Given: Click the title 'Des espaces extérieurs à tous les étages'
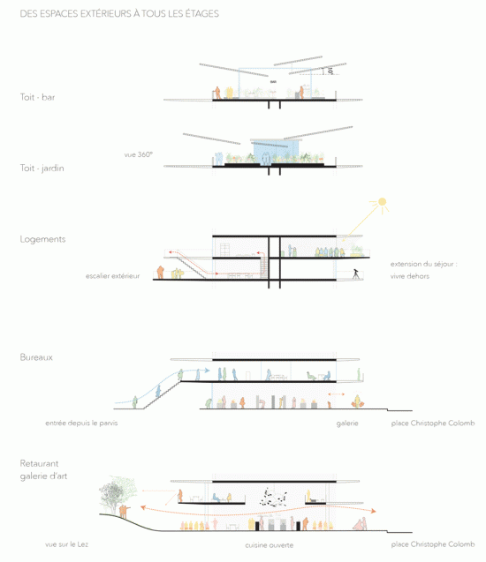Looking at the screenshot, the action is pyautogui.click(x=119, y=13).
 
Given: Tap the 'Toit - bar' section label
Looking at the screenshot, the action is pyautogui.click(x=37, y=97).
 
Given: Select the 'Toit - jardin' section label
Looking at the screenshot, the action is pyautogui.click(x=42, y=169).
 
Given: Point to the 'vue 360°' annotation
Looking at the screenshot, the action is pyautogui.click(x=138, y=154).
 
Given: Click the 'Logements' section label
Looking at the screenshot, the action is pyautogui.click(x=42, y=239).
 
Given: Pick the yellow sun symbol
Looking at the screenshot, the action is pyautogui.click(x=383, y=202).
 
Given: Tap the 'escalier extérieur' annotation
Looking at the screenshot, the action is pyautogui.click(x=113, y=276).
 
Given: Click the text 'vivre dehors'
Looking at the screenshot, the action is pyautogui.click(x=410, y=276).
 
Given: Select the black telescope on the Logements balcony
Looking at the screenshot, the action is pyautogui.click(x=356, y=274).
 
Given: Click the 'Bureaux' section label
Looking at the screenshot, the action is pyautogui.click(x=36, y=357).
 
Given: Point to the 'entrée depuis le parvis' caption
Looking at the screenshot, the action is pyautogui.click(x=81, y=423).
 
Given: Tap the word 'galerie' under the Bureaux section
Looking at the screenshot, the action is pyautogui.click(x=347, y=423).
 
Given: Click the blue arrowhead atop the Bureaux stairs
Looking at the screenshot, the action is pyautogui.click(x=207, y=371).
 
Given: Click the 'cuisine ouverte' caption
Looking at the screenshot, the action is pyautogui.click(x=270, y=545).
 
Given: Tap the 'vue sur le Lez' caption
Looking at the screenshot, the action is pyautogui.click(x=67, y=544).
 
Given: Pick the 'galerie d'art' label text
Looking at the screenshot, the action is pyautogui.click(x=43, y=476).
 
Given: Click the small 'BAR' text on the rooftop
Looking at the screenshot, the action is pyautogui.click(x=273, y=82).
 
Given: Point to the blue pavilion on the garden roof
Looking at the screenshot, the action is pyautogui.click(x=276, y=151).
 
